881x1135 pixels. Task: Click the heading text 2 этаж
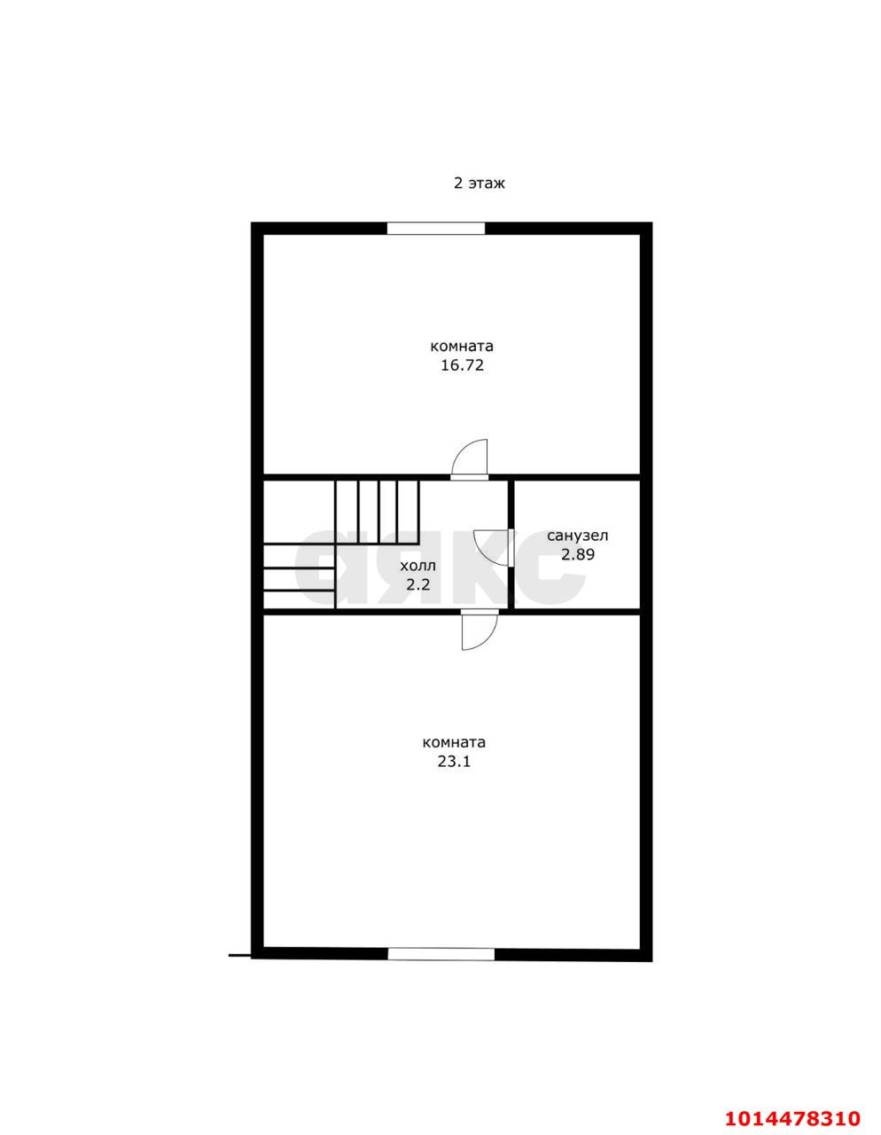(x=479, y=184)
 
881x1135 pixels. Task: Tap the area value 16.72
(x=463, y=365)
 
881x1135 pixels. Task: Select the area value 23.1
(x=454, y=762)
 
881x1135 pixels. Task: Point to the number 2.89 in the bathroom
(x=578, y=554)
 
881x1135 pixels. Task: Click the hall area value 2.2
(x=418, y=584)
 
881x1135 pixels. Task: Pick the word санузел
(x=578, y=536)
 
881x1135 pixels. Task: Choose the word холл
(x=417, y=567)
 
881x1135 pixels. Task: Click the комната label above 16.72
(x=462, y=347)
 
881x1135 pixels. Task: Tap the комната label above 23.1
(x=454, y=743)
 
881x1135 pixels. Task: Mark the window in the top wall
(x=436, y=228)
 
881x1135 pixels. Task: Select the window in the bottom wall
(x=441, y=954)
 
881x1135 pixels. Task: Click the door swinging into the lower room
(x=479, y=630)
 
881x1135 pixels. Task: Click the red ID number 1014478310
(x=792, y=1084)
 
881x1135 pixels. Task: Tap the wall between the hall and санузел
(x=511, y=544)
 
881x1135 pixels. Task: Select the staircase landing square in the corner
(x=299, y=513)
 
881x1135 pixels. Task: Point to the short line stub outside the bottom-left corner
(x=240, y=956)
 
